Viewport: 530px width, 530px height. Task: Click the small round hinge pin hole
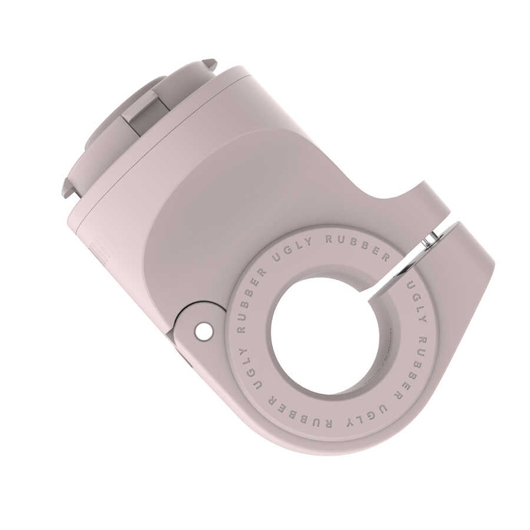tap(204, 332)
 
